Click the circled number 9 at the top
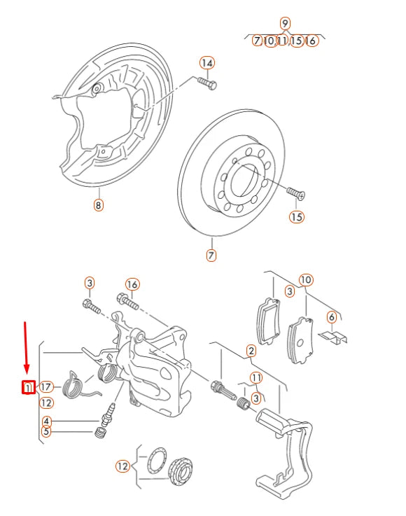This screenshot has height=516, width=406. [285, 22]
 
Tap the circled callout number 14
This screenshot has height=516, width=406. [206, 63]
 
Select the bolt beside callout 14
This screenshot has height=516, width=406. [206, 83]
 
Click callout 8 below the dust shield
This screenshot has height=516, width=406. [98, 205]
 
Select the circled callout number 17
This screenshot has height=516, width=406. [47, 386]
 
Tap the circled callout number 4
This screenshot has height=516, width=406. [46, 421]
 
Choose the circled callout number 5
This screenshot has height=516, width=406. [46, 431]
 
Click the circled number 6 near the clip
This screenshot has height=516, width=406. [332, 317]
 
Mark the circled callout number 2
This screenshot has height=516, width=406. [251, 350]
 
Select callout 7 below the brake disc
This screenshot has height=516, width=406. [211, 256]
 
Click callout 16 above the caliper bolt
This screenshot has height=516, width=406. [132, 284]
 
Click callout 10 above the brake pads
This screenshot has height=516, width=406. [306, 280]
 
